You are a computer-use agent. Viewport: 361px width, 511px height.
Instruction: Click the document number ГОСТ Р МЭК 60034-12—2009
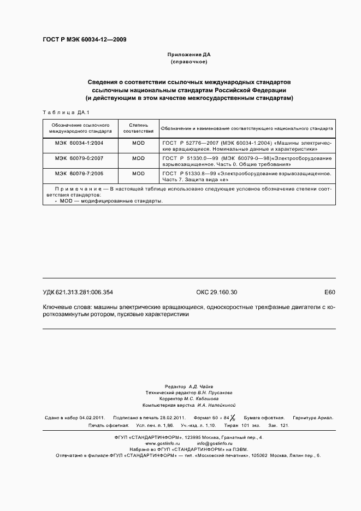pos(85,39)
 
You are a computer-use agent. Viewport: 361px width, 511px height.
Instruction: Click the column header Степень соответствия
pos(138,128)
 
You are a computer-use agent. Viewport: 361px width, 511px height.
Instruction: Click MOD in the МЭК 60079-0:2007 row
pos(138,158)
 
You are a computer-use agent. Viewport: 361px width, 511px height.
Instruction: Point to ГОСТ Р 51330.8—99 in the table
pos(185,173)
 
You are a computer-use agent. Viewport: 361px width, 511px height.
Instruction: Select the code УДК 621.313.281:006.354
pos(78,292)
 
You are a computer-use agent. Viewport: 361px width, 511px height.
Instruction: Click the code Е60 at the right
pos(329,292)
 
